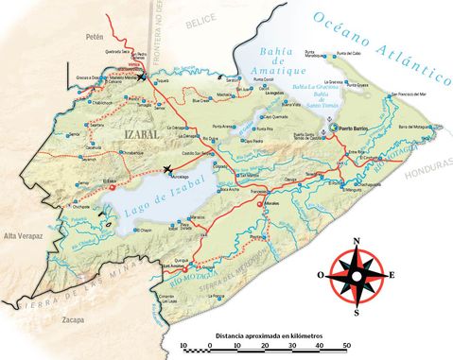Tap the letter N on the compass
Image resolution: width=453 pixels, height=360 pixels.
coord(357,243)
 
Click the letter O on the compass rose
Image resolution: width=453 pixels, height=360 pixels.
coord(322,275)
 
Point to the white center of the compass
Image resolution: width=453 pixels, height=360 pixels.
coord(357,275)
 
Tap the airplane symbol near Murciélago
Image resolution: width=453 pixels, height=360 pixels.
coord(168,170)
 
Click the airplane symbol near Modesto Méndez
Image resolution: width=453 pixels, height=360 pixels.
coord(141,77)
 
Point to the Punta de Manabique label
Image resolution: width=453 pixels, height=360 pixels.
coord(310,55)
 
